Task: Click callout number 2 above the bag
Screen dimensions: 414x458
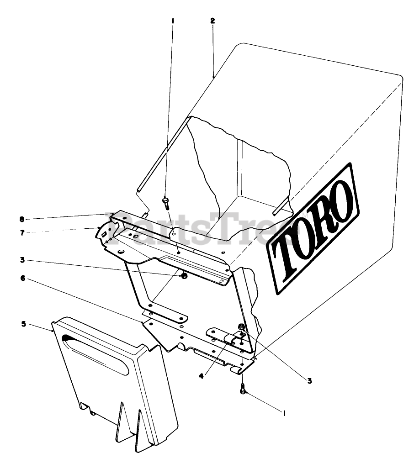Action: tap(213, 21)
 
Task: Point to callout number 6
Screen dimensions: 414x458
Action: tap(23, 278)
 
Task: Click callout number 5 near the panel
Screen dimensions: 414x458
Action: tap(23, 324)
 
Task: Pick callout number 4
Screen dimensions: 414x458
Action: tap(201, 376)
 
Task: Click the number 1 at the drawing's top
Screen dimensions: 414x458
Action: tap(173, 21)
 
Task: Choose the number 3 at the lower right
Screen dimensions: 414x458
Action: tap(309, 380)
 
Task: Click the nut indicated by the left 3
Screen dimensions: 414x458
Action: tap(184, 276)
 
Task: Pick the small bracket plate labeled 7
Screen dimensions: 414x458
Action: tap(104, 232)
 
